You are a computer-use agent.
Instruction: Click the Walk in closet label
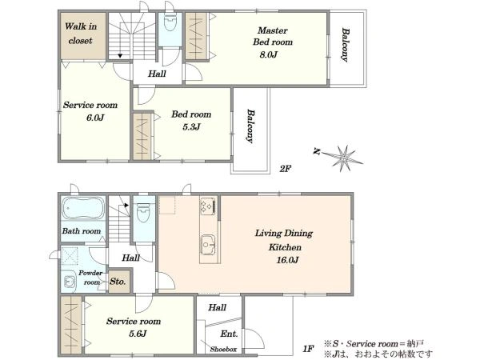click(x=81, y=34)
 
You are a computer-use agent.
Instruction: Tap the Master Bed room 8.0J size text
click(x=268, y=55)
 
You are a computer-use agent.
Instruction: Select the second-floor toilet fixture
click(x=170, y=22)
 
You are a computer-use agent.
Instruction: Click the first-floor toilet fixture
click(x=143, y=212)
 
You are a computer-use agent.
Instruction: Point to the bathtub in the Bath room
click(x=83, y=209)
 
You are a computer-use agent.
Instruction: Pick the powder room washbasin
click(x=70, y=282)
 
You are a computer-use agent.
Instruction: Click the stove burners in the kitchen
click(x=207, y=205)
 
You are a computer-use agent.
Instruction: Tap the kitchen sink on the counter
click(x=208, y=245)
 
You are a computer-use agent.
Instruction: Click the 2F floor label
click(x=285, y=168)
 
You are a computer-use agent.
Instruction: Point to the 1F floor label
click(x=309, y=348)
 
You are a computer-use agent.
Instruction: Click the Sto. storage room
click(x=120, y=281)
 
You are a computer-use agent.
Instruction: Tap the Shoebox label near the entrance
click(x=223, y=350)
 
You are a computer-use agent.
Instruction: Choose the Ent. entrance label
click(x=229, y=334)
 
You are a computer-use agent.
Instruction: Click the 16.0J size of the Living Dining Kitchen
click(x=287, y=260)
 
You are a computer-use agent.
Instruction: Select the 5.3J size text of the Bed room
click(x=191, y=126)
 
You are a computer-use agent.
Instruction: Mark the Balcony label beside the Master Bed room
click(x=346, y=45)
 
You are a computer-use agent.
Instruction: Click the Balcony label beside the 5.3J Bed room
click(x=251, y=126)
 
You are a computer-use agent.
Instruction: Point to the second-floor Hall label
click(x=157, y=74)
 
